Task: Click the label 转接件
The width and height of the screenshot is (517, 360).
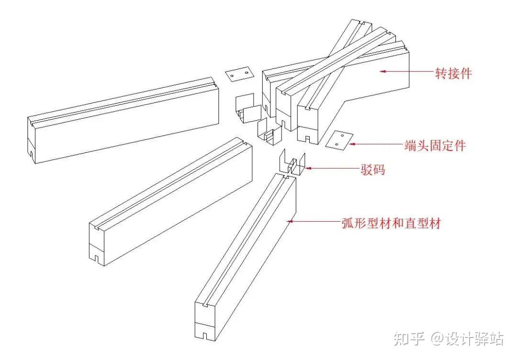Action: pos(453,73)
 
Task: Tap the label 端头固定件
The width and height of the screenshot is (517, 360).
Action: pos(434,146)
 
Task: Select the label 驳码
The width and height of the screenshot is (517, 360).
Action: pos(372,169)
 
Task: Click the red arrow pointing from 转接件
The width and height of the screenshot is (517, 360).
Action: pos(406,72)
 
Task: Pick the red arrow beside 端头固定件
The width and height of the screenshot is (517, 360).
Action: pos(376,143)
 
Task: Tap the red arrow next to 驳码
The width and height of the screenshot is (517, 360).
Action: pos(331,168)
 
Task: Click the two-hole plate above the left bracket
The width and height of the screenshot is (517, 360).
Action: pos(240,74)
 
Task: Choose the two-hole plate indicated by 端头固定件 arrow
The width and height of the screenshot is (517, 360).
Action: pos(339,139)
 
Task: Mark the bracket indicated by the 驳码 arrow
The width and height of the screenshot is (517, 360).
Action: pos(292,164)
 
